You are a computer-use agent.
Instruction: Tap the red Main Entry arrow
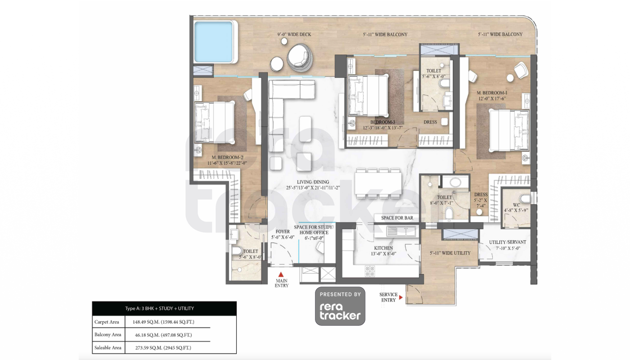pos(281,274)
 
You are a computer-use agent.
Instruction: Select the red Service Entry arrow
pos(401,297)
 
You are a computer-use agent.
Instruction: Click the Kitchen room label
pos(383,248)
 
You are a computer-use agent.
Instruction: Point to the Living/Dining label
pos(313,182)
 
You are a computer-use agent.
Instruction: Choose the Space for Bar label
pos(397,218)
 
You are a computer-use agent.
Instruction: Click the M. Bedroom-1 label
pos(492,93)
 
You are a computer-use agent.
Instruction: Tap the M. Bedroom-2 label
pos(227,157)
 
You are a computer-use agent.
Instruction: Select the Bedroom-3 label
pos(382,122)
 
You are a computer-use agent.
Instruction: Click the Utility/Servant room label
pos(508,242)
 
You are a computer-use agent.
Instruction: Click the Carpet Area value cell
pos(163,322)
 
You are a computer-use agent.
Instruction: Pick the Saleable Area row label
pos(108,347)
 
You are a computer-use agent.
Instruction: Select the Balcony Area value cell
pos(163,335)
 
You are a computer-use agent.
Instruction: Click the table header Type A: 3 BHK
pos(159,309)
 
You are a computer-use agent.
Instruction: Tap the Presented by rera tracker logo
pos(340,306)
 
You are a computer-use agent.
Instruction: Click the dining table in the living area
pos(378,183)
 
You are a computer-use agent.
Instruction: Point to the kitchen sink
pos(401,231)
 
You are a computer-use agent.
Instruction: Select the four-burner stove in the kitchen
pos(369,271)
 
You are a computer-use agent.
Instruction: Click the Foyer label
pos(283,232)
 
